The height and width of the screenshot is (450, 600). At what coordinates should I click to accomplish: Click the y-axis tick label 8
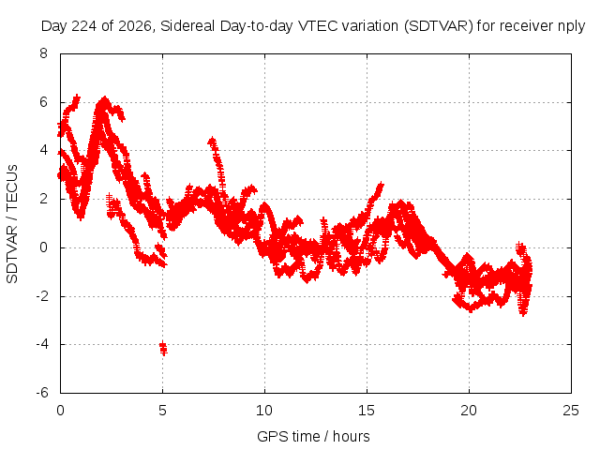[43, 52]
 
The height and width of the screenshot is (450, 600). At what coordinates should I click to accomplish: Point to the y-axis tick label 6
[43, 102]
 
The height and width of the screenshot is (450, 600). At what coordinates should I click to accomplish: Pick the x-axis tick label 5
[162, 411]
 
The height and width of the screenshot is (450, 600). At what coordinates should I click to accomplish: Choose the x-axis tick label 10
[264, 411]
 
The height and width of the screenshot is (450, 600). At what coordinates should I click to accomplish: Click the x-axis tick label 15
[367, 411]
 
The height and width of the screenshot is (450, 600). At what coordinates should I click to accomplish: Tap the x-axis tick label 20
[469, 411]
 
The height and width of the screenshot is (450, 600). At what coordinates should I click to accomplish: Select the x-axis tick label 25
[571, 411]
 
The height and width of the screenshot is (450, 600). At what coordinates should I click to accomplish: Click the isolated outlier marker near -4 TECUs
[163, 348]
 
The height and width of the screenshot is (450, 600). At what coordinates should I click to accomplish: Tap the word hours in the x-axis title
[352, 436]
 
